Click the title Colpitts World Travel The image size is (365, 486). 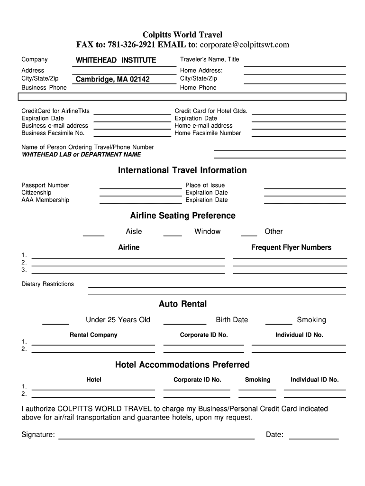click(182, 35)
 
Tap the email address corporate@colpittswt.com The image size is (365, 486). click(244, 45)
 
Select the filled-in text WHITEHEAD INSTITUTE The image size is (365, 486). click(116, 60)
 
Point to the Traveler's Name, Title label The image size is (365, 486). click(210, 59)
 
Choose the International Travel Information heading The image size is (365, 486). click(182, 170)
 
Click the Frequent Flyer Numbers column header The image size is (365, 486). click(291, 247)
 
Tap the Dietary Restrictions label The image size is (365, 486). click(47, 284)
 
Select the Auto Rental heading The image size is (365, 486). click(182, 304)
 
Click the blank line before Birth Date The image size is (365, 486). click(184, 323)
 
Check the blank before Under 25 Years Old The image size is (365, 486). click(55, 323)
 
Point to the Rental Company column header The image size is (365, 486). click(93, 335)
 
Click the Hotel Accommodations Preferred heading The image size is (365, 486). click(182, 365)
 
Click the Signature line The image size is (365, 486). click(156, 438)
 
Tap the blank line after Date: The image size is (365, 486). click(314, 438)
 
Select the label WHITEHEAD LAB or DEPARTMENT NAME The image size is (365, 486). click(81, 155)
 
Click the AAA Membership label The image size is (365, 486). click(45, 200)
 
